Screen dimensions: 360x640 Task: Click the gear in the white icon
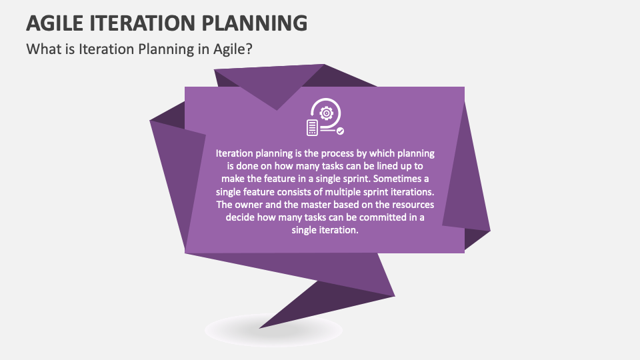326,113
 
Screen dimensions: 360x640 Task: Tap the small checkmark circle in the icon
340,131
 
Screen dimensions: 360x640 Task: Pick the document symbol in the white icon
311,127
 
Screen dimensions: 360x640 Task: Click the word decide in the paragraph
240,217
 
